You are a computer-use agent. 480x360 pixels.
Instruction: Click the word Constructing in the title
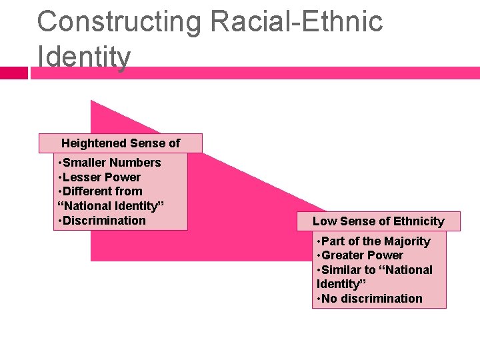click(119, 22)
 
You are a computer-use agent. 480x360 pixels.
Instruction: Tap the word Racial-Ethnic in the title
click(296, 22)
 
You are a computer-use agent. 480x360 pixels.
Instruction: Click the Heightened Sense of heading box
click(120, 143)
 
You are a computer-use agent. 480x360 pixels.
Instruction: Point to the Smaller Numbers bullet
click(110, 163)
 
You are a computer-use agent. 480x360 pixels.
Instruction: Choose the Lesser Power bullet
click(100, 177)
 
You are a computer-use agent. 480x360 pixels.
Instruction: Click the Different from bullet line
click(101, 191)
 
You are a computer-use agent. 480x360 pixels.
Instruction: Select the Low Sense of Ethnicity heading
click(378, 221)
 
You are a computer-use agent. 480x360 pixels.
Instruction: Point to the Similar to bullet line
click(375, 270)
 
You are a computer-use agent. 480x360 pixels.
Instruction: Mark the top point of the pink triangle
click(92, 102)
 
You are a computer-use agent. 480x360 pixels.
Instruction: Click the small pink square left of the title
click(13, 73)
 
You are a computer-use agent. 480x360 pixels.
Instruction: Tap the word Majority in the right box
click(406, 241)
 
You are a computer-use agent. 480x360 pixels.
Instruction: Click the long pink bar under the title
click(267, 73)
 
